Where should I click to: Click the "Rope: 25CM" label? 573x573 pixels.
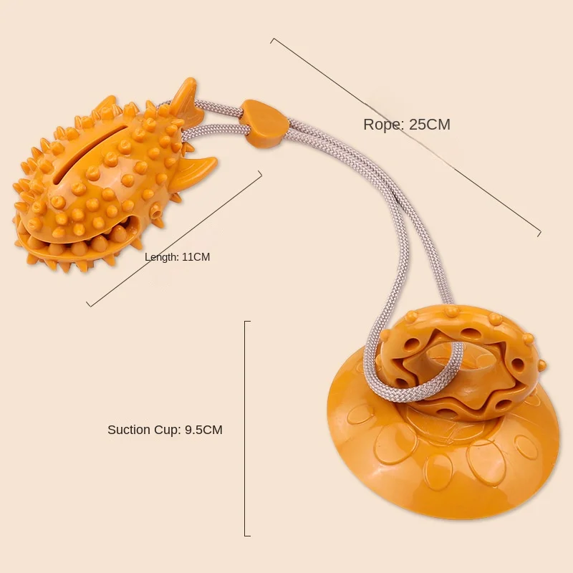pos(407,125)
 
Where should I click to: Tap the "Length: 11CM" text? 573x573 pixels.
pos(177,257)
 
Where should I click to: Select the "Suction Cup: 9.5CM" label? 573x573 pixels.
pos(165,430)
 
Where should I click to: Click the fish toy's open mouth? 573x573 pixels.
pos(79,240)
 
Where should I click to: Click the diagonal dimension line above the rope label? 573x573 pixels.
pos(405,135)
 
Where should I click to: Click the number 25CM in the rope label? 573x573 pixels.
pos(430,125)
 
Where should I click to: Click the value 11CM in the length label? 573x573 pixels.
pos(196,257)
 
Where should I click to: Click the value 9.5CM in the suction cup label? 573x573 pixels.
pos(203,430)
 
